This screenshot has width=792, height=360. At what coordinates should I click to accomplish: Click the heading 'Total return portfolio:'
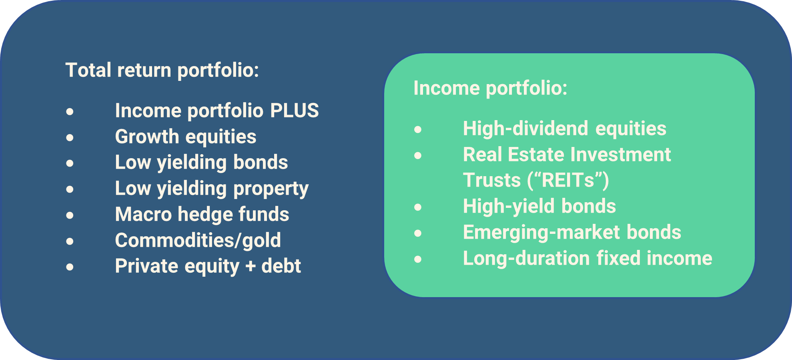(162, 70)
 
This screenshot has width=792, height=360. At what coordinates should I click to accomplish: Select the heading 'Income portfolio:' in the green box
(490, 88)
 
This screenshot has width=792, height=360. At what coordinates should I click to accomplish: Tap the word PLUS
(295, 111)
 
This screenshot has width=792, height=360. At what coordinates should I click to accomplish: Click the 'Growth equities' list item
(186, 137)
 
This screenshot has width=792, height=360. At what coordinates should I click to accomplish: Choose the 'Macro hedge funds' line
(202, 214)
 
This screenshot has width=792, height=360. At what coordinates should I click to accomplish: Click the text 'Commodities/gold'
(198, 240)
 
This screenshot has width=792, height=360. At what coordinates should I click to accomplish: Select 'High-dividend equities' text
(565, 129)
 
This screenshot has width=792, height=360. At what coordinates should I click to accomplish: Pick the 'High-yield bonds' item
(539, 207)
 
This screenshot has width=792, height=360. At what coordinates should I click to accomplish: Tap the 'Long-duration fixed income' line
(587, 258)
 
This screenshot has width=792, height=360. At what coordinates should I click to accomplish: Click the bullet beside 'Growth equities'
(70, 138)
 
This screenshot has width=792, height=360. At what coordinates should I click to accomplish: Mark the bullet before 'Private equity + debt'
(70, 267)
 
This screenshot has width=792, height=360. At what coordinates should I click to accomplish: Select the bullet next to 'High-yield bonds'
(418, 207)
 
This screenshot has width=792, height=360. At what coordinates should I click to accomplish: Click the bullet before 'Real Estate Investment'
(418, 155)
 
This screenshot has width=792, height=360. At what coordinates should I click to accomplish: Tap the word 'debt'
(281, 266)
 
